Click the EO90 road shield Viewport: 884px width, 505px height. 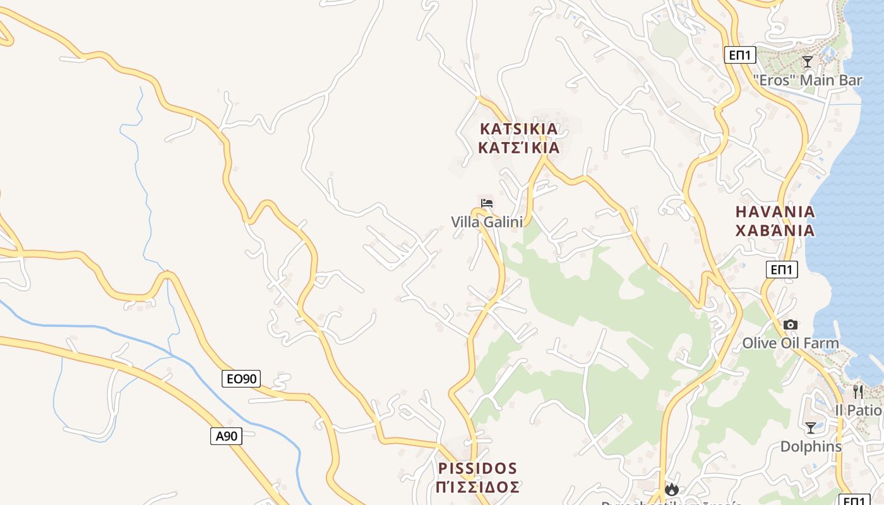click(241, 379)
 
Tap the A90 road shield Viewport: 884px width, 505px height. click(226, 436)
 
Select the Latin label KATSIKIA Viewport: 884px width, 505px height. click(519, 129)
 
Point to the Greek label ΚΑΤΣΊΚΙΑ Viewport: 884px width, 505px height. click(519, 148)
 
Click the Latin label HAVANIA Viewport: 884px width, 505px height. click(775, 211)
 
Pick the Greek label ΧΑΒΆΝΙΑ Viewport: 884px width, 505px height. click(775, 230)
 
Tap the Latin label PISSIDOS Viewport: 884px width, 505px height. click(478, 468)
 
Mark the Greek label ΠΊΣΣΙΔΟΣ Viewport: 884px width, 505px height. click(478, 487)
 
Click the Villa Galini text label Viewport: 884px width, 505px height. click(487, 222)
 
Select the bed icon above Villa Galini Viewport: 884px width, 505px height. click(487, 203)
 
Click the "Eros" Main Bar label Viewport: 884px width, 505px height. click(808, 80)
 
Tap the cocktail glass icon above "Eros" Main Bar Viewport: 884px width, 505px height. click(808, 61)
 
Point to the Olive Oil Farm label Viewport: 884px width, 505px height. click(791, 343)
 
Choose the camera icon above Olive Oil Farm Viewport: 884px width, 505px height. click(791, 324)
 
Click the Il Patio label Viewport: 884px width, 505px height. click(858, 410)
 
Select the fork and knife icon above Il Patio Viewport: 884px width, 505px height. click(858, 391)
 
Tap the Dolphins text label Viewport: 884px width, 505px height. click(811, 446)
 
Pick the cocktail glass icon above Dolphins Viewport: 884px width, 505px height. click(811, 428)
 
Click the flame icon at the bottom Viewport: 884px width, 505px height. click(672, 490)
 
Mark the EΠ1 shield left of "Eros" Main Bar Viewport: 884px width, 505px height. click(740, 55)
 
